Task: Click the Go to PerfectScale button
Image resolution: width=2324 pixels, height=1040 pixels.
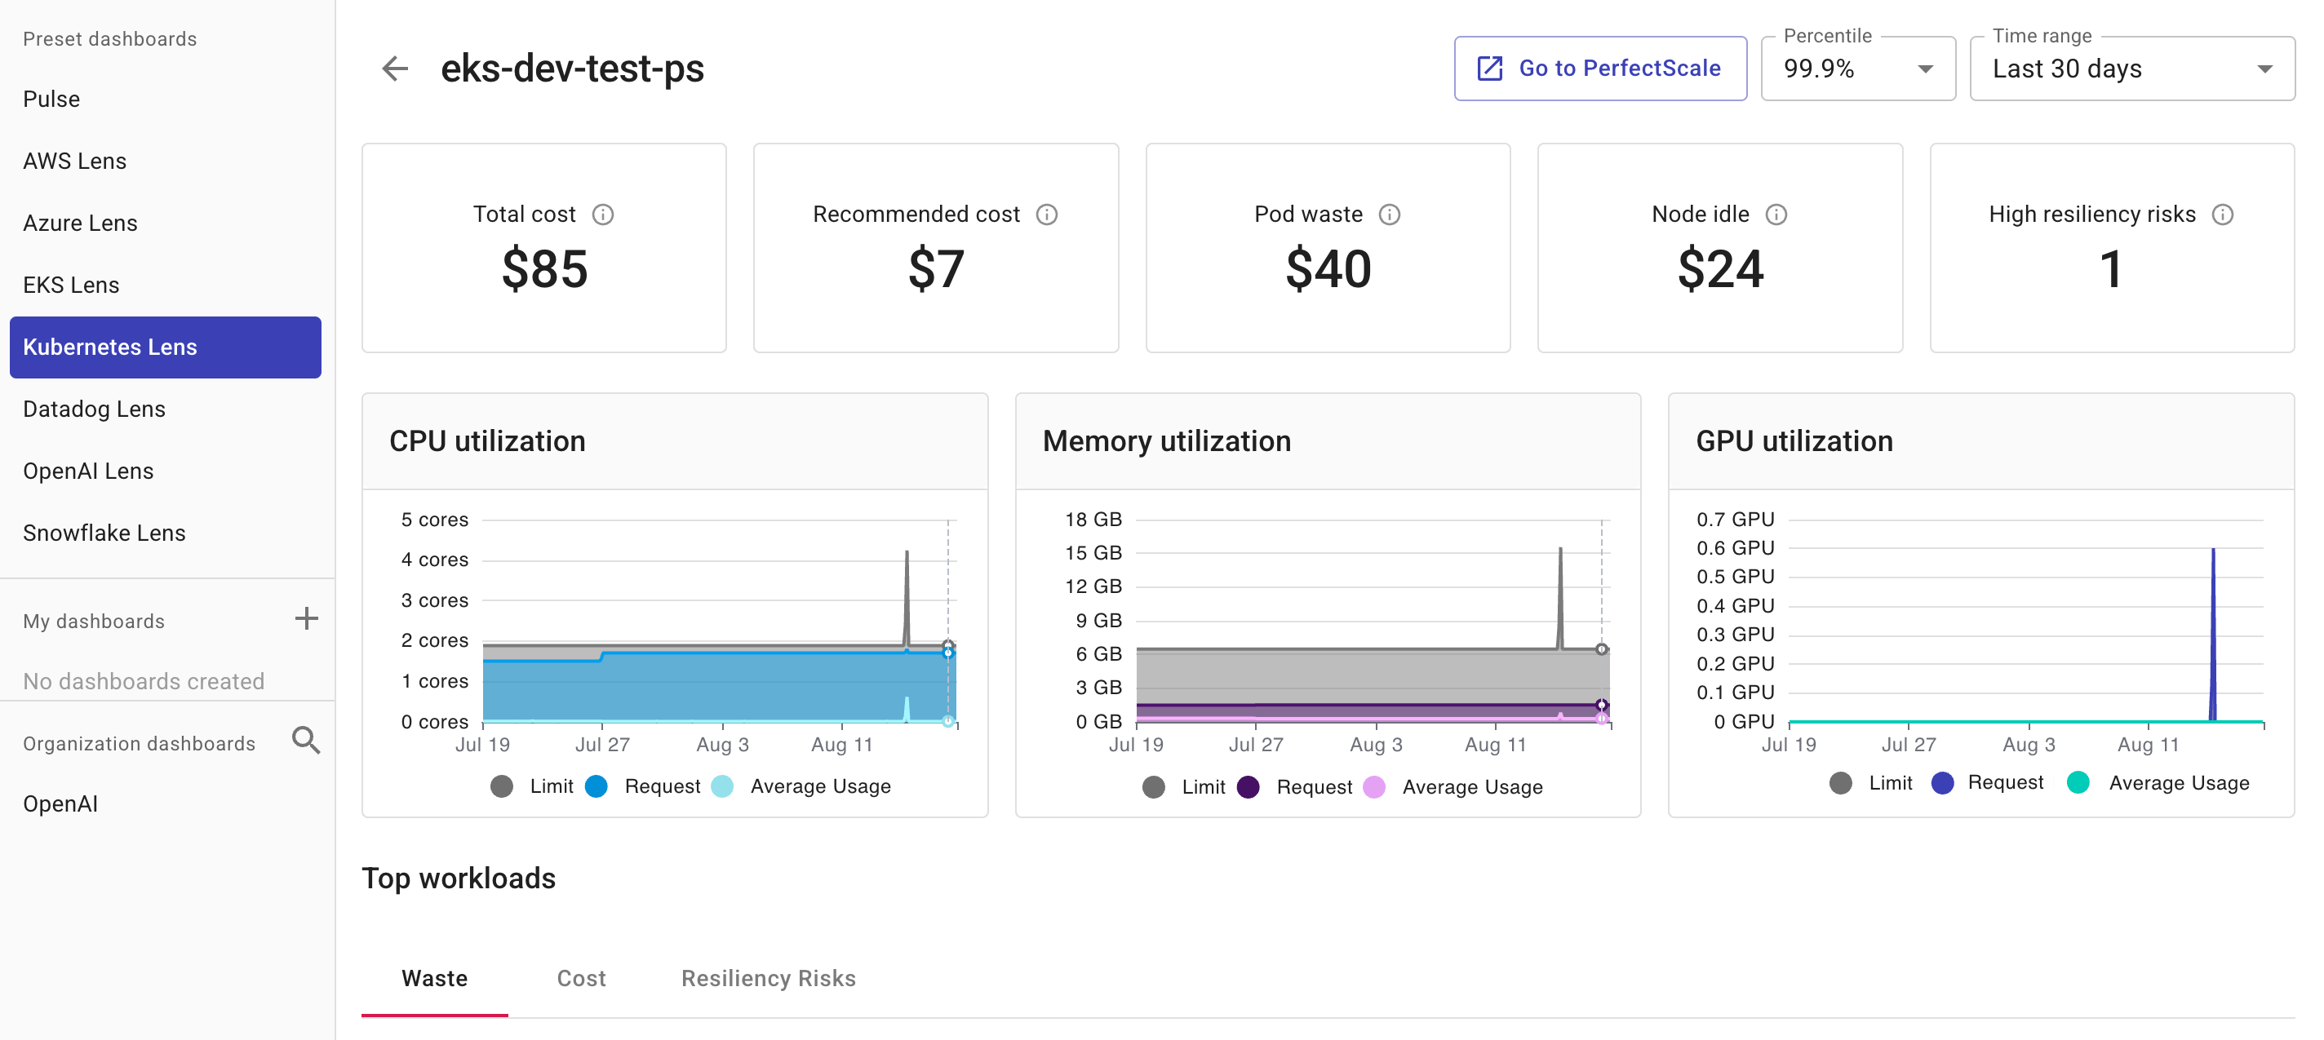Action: point(1599,69)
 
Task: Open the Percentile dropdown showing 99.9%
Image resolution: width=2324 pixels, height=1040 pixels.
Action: point(1857,69)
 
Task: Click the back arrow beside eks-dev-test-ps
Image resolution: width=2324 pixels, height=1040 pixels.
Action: point(394,69)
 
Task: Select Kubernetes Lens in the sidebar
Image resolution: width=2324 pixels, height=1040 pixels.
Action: point(165,347)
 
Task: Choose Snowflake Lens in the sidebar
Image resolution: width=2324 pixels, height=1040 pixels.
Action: point(104,533)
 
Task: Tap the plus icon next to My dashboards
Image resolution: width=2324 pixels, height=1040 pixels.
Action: point(306,619)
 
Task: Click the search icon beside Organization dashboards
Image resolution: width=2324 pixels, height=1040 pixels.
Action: point(306,741)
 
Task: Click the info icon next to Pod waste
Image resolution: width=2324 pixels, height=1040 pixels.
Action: point(1390,215)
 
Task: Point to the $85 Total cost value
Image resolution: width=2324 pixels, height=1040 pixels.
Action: point(544,269)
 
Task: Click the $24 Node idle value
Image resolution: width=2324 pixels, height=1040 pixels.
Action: point(1719,269)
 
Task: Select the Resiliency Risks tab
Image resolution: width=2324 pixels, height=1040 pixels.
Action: point(768,979)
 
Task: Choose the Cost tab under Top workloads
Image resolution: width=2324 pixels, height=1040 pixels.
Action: point(581,979)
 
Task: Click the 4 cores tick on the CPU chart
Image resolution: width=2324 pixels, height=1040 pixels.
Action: point(434,560)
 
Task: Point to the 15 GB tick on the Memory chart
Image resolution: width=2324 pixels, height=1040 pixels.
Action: point(1093,553)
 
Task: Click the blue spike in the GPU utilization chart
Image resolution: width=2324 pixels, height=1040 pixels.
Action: point(2212,631)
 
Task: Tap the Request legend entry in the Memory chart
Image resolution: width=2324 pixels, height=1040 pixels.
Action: point(1297,787)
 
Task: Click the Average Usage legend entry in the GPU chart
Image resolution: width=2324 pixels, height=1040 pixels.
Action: point(2160,783)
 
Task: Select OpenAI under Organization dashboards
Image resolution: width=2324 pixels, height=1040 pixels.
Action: point(60,803)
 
